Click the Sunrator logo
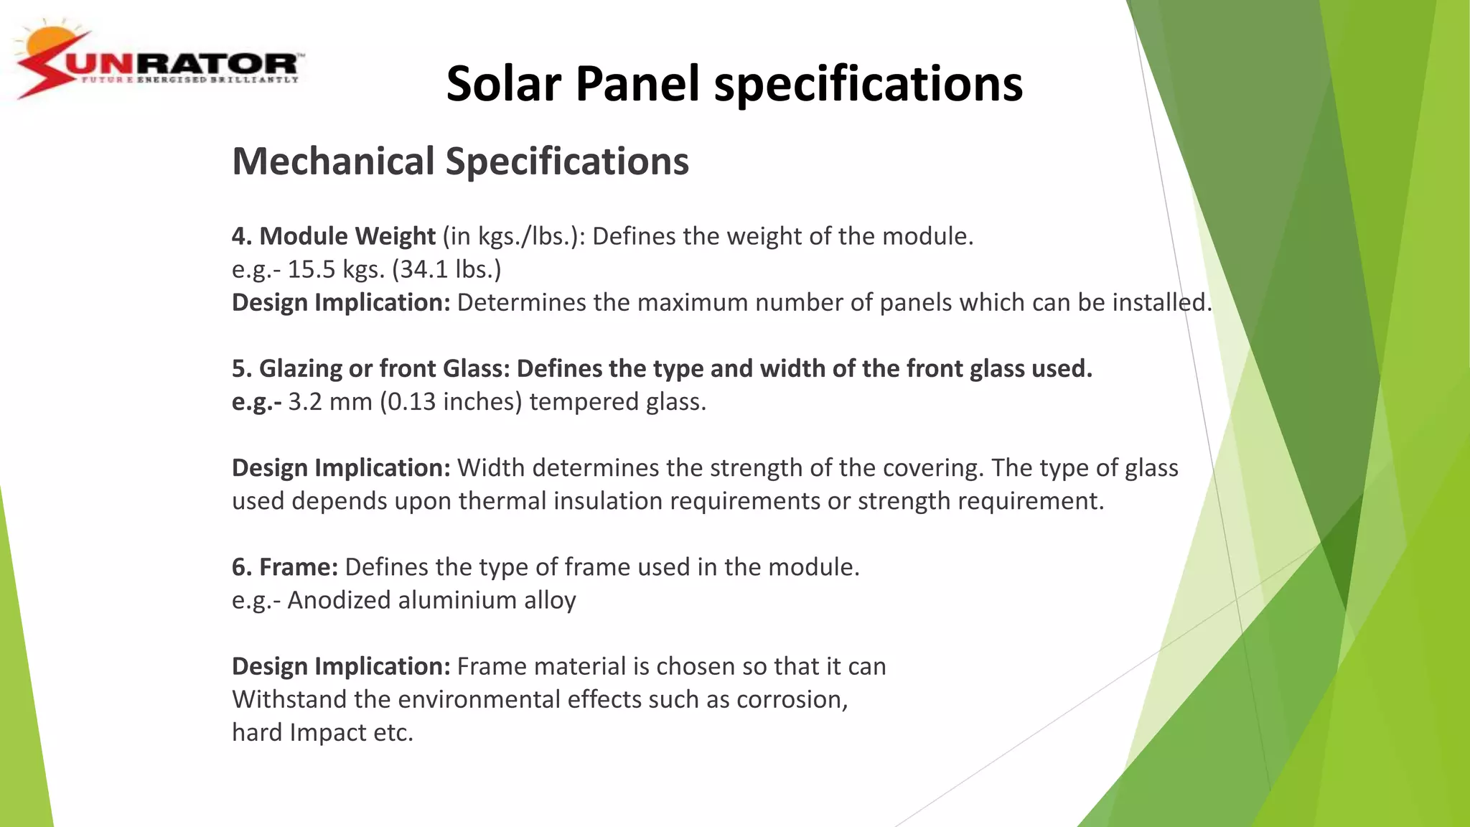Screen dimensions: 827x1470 [x=158, y=63]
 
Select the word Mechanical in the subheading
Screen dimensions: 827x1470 [x=333, y=161]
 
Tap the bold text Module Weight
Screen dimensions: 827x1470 [x=347, y=236]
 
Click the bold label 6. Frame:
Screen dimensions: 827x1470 [x=284, y=567]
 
